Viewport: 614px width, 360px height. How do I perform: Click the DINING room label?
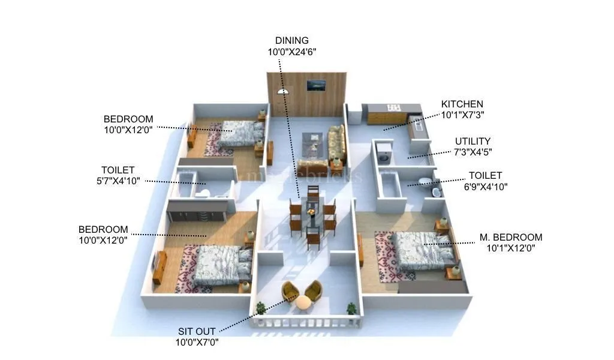(x=291, y=41)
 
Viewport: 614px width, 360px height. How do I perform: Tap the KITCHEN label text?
(x=462, y=104)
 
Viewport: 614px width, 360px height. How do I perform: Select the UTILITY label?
(x=472, y=142)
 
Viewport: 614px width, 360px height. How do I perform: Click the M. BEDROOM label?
(x=510, y=238)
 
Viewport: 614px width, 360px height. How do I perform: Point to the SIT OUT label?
(x=197, y=331)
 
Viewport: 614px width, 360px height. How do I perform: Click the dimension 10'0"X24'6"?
(x=291, y=52)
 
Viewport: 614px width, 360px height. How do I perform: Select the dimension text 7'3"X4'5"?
(x=472, y=152)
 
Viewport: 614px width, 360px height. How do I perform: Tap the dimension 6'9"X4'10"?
(x=485, y=186)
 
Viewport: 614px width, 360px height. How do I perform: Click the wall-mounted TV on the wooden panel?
(x=316, y=85)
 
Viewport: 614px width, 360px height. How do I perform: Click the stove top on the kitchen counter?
(x=392, y=108)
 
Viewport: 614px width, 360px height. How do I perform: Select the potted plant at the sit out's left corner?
(x=261, y=308)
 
